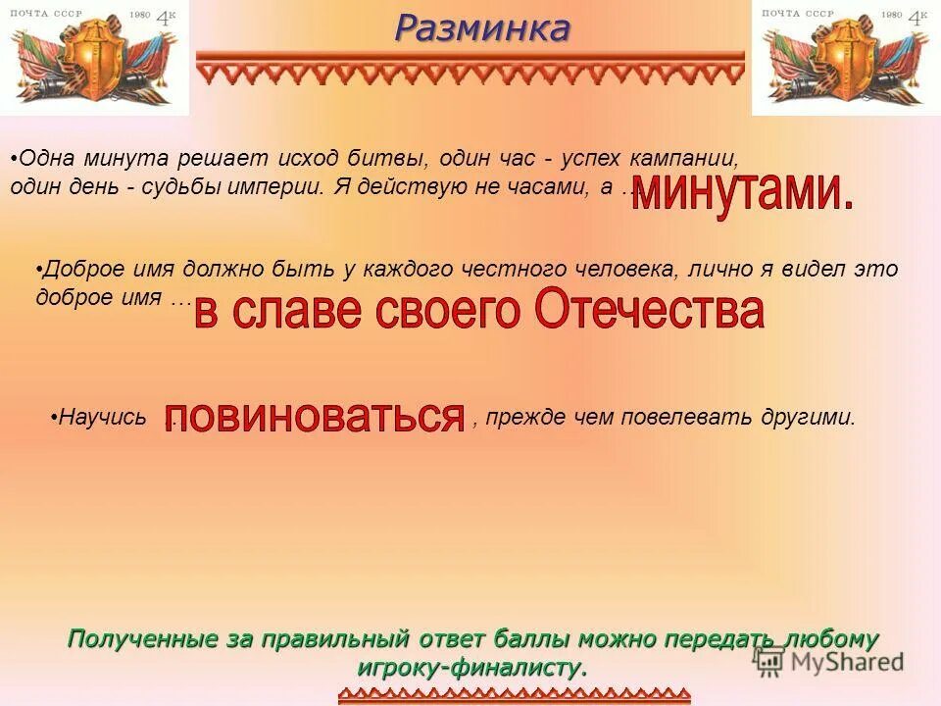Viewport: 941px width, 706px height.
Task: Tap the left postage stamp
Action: pos(94,58)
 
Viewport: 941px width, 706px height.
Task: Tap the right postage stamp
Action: pos(846,58)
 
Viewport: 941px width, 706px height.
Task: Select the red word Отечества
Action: pos(648,311)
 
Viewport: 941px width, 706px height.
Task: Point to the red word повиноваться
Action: pos(314,418)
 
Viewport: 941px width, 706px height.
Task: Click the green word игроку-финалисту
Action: pos(471,667)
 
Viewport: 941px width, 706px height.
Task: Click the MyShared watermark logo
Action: pos(828,660)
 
